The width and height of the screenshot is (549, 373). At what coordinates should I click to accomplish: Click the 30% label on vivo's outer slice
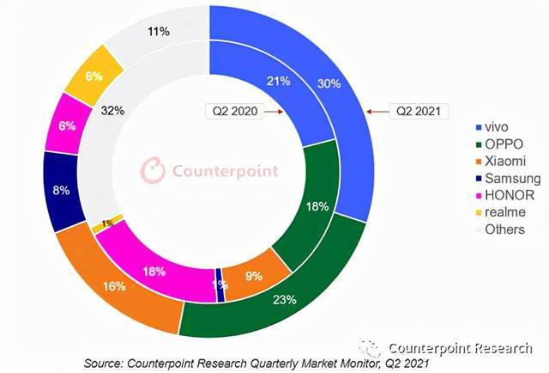pos(329,83)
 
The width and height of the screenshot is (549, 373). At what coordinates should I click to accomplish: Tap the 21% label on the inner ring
pos(279,81)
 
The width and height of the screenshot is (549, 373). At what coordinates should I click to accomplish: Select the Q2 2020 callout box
pos(235,111)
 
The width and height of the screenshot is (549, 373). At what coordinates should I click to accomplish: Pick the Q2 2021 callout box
pos(419,111)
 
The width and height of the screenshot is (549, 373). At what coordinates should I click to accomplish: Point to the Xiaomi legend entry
pos(501,161)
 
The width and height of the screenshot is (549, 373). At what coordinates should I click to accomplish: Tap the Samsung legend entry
pos(509,178)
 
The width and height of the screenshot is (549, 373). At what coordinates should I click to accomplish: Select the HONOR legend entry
pos(505,195)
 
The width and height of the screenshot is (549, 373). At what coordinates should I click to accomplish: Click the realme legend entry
pos(501,212)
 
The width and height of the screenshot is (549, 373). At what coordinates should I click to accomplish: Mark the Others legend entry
pos(500,229)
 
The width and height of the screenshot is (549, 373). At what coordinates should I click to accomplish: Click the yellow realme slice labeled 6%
pos(94,76)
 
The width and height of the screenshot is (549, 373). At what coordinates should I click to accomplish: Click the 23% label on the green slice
pos(284,300)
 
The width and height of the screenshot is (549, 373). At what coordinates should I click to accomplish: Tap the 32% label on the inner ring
pos(112,111)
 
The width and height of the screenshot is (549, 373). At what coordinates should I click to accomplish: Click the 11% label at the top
pos(159,32)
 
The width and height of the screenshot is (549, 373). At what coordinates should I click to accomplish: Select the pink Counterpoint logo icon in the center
pos(153,170)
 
